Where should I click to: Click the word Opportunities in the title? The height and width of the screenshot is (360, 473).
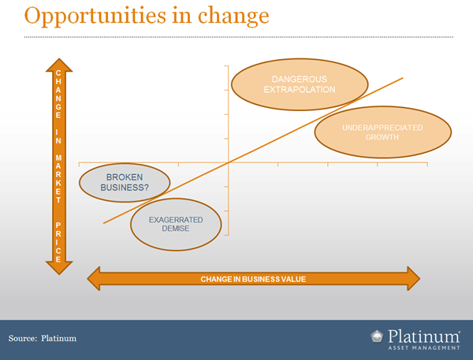coord(95,17)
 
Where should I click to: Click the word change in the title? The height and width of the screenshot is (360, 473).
coord(233,17)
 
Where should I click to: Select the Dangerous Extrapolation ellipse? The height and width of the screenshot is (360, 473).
coord(300,84)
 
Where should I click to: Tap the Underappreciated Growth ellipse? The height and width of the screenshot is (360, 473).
coord(383,132)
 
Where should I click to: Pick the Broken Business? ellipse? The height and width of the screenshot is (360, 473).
coord(125,183)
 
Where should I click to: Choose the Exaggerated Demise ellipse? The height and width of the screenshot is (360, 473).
coord(176,225)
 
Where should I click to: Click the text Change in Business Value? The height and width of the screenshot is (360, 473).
coord(253,279)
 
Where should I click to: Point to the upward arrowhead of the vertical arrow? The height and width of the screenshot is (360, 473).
coord(59,65)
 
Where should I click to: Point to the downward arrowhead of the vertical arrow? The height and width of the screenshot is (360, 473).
coord(59,268)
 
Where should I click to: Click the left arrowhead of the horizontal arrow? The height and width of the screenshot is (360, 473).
coord(94,279)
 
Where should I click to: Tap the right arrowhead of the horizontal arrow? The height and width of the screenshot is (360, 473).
coord(414,279)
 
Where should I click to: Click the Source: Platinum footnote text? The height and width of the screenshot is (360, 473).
coord(43,338)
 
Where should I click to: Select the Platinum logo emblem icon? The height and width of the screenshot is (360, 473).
coord(377,337)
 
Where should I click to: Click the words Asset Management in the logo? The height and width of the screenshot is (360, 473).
coord(424,348)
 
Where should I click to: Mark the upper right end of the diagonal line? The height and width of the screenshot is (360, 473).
coord(403,78)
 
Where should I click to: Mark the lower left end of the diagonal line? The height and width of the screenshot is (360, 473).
coord(103,224)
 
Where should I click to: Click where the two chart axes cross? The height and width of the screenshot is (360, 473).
coord(229,162)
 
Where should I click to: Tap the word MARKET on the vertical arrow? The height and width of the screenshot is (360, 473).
coord(58,179)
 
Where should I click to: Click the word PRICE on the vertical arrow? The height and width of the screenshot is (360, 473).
coord(58,242)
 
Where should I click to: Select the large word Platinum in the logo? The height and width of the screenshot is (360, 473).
coord(424,336)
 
